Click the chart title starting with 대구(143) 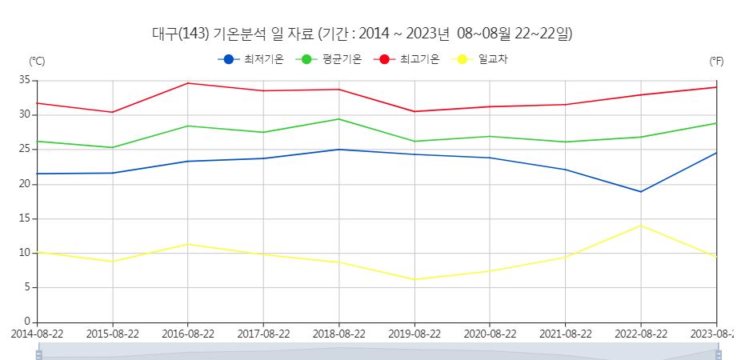(x=362, y=34)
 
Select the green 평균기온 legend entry (x=329, y=59)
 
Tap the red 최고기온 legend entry (x=407, y=59)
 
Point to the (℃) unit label (x=38, y=62)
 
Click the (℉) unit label (x=716, y=62)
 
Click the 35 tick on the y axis (x=25, y=80)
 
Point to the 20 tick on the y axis (x=25, y=184)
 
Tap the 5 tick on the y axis (x=27, y=287)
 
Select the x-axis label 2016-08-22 (x=187, y=334)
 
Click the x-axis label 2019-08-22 (x=415, y=334)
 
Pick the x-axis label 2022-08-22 (x=641, y=334)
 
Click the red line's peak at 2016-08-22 (x=188, y=83)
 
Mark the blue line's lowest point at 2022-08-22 (x=641, y=191)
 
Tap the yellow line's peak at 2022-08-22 (x=641, y=226)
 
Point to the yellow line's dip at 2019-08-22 (x=415, y=279)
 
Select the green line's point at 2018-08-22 (x=339, y=119)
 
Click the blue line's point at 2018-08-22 (x=339, y=150)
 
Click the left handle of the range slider (x=38, y=354)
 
